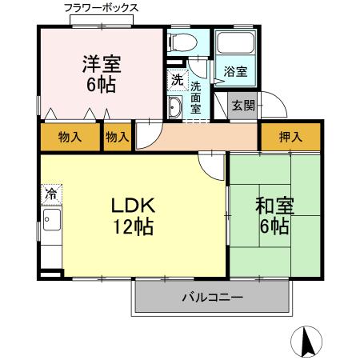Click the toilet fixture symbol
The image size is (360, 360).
pyautogui.click(x=182, y=44)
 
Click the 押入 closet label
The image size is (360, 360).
pyautogui.click(x=290, y=137)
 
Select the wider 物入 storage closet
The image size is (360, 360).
pyautogui.click(x=70, y=137)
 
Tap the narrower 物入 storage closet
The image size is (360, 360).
pyautogui.click(x=118, y=137)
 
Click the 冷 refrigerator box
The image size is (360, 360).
pyautogui.click(x=50, y=193)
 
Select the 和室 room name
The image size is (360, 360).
pyautogui.click(x=274, y=206)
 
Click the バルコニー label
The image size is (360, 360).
pyautogui.click(x=212, y=298)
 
